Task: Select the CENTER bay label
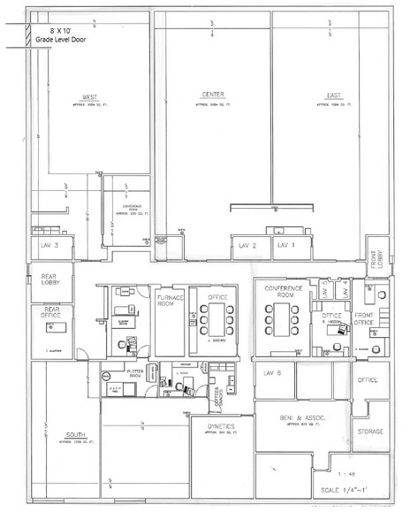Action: click(212, 95)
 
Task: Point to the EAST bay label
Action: click(333, 95)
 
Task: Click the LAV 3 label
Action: click(49, 245)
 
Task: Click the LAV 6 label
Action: click(271, 373)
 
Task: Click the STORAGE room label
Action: click(368, 431)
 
